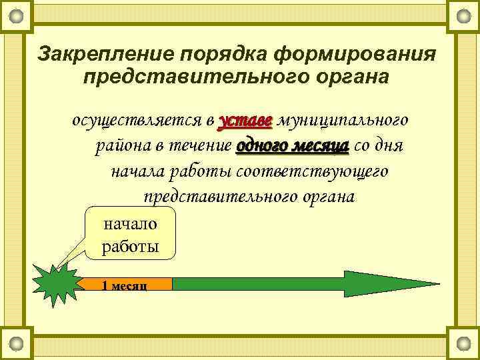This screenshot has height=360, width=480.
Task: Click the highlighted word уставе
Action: click(x=245, y=121)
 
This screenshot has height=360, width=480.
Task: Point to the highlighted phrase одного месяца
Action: click(x=293, y=146)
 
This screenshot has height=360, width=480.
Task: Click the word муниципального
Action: click(x=342, y=121)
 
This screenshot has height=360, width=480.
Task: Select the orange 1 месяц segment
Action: click(x=127, y=284)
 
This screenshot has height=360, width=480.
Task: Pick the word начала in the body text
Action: click(x=137, y=171)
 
